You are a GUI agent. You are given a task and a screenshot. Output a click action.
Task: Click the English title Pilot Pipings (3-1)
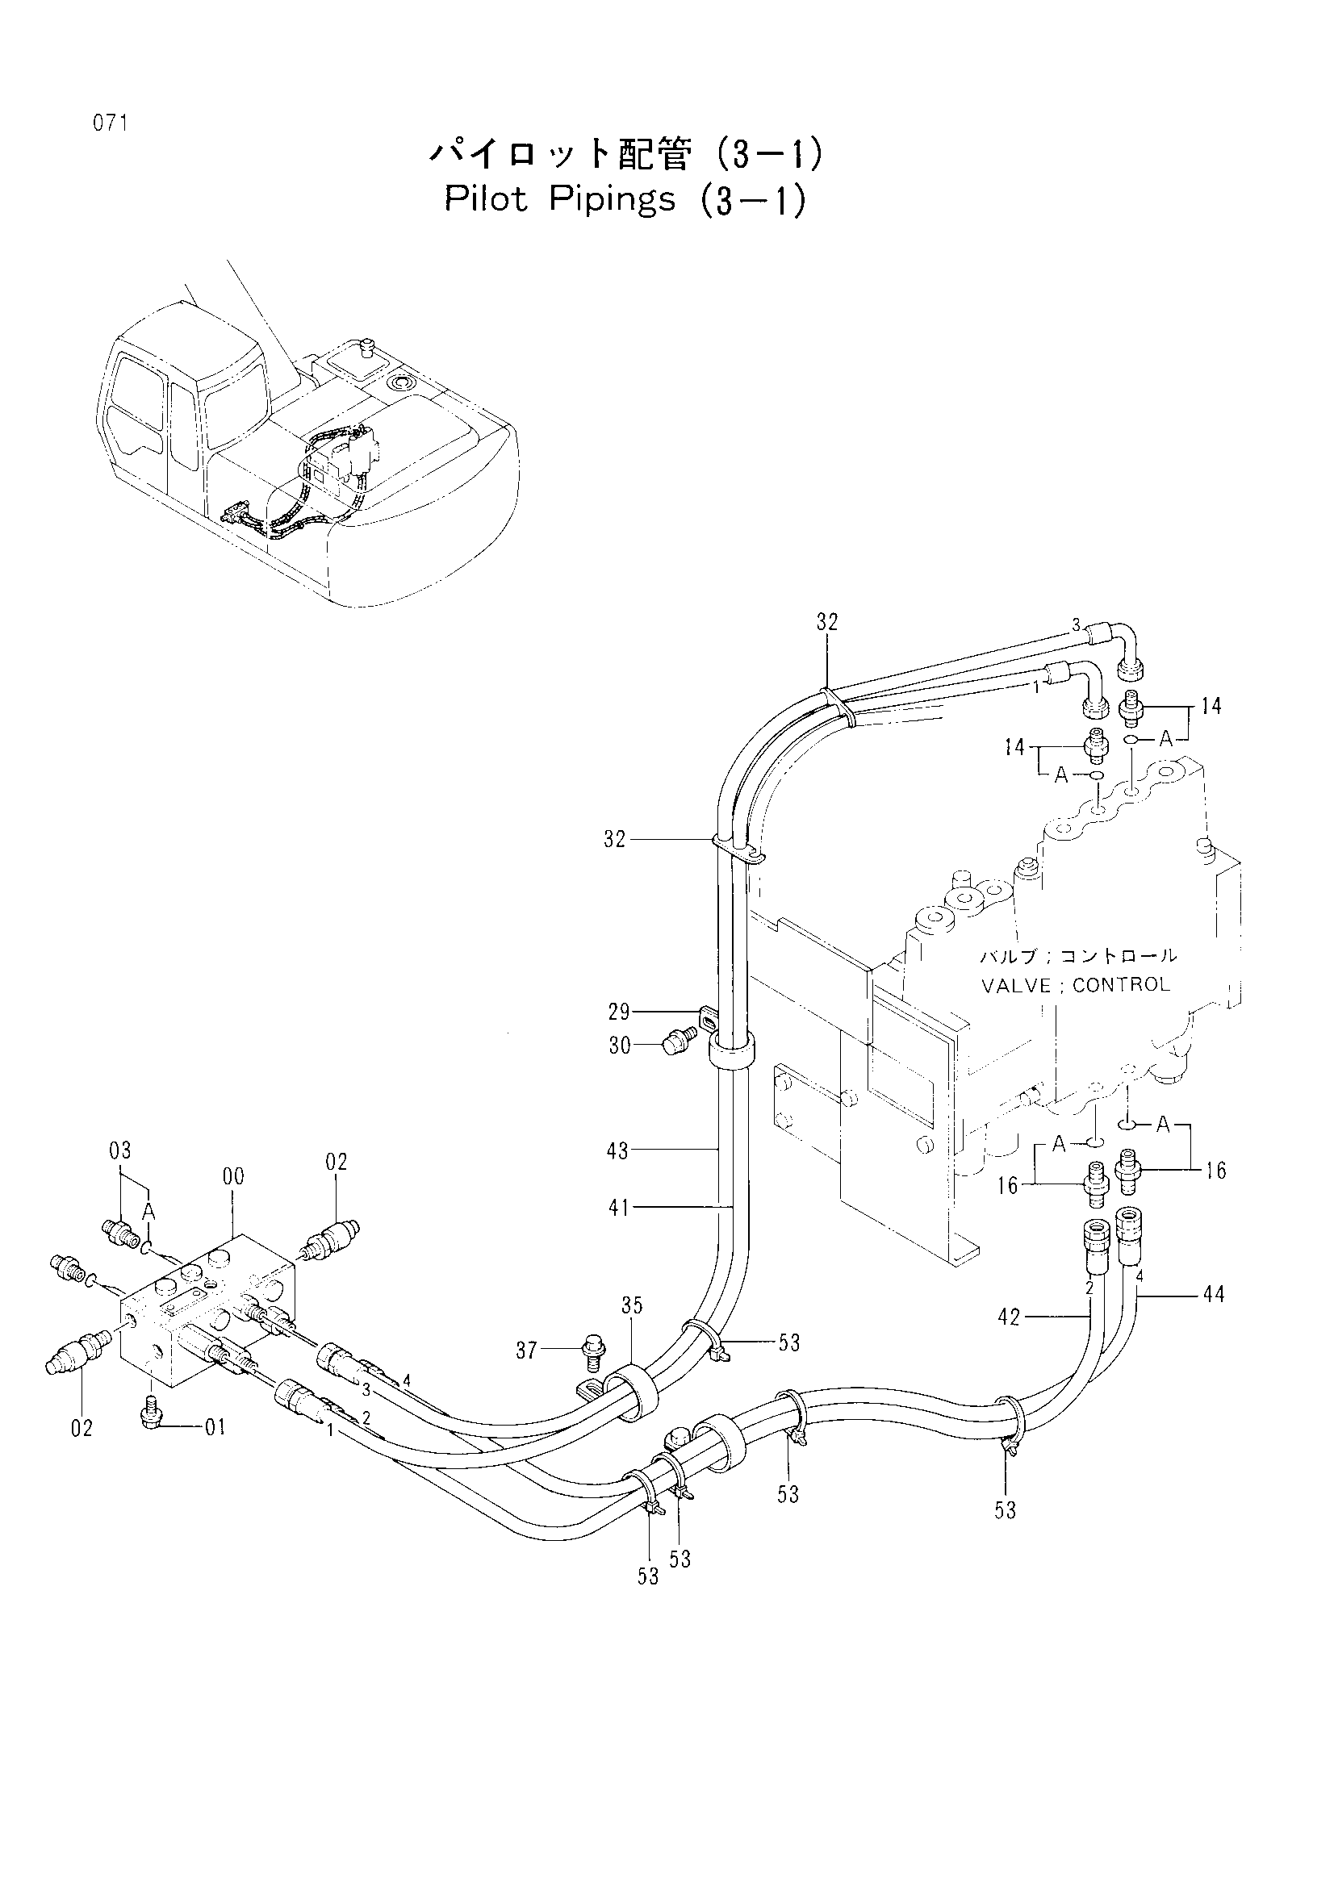click(625, 201)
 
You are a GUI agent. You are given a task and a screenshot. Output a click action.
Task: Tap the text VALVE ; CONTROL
click(1075, 984)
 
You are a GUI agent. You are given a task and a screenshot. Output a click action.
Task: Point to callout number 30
click(620, 1046)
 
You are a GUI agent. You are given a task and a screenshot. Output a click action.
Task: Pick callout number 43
click(618, 1150)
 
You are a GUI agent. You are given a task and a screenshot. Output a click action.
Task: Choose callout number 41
click(618, 1208)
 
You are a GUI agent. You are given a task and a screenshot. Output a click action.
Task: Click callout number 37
click(526, 1350)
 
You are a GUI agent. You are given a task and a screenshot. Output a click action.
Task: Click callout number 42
click(1009, 1317)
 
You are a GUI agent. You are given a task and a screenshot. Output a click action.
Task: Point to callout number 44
click(1213, 1294)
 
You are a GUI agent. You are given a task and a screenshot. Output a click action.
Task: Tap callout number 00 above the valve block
click(233, 1176)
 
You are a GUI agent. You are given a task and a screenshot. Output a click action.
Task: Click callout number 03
click(120, 1150)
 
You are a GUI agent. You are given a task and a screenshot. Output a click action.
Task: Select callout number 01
click(215, 1428)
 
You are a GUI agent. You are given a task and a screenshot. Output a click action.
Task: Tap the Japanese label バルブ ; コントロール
click(1078, 956)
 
